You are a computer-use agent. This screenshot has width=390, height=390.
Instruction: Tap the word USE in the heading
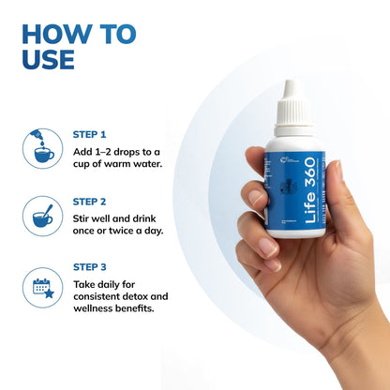pos(47,59)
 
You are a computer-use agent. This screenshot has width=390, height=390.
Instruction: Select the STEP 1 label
pos(90,134)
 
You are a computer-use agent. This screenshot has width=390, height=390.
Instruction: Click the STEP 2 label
pos(90,201)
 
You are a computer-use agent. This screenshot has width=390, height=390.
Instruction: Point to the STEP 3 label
pos(90,267)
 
